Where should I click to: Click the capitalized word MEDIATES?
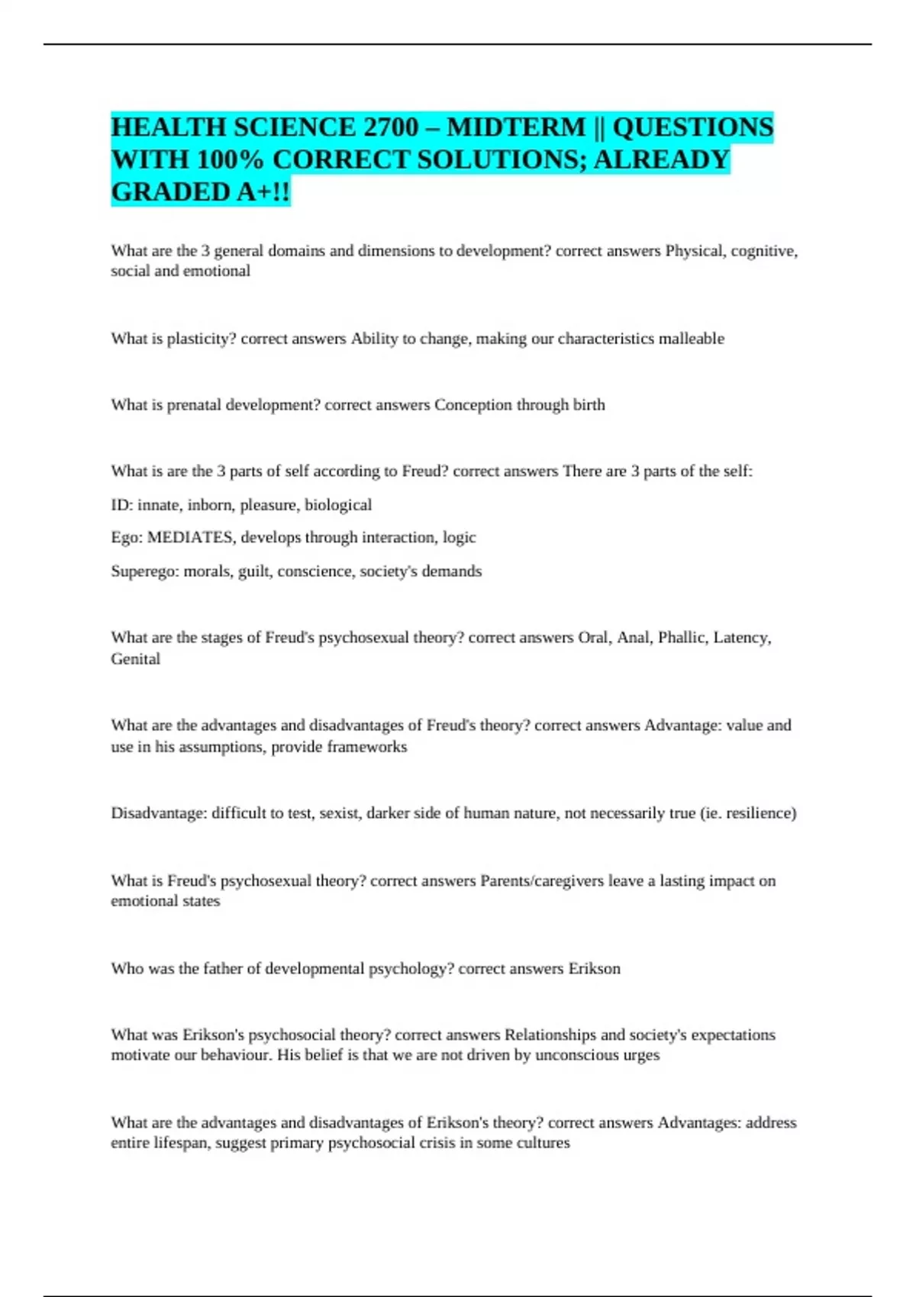click(190, 538)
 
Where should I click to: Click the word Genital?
click(135, 659)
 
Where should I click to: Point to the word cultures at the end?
click(543, 1143)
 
